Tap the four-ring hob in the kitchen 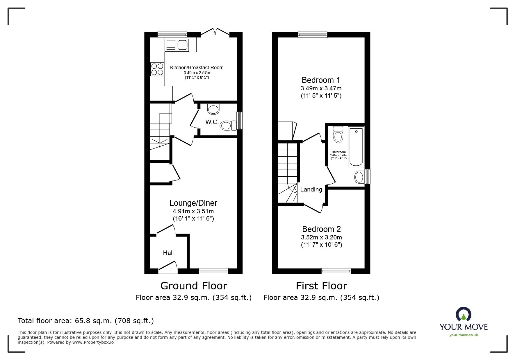click(x=157, y=69)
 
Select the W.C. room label click(x=212, y=122)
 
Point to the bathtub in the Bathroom click(x=356, y=146)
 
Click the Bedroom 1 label click(x=321, y=80)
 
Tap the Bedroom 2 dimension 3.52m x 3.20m click(x=321, y=237)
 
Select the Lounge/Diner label click(x=193, y=203)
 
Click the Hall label click(x=168, y=253)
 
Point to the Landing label click(x=311, y=189)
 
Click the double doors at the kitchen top click(x=215, y=31)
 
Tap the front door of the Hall click(x=168, y=268)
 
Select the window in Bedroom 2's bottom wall click(x=336, y=271)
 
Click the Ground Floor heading click(x=193, y=286)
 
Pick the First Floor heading click(x=321, y=286)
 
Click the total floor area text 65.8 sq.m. click(x=86, y=321)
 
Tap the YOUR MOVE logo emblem click(x=463, y=314)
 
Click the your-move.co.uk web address click(x=464, y=335)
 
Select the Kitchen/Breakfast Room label click(x=197, y=67)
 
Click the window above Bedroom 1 click(x=313, y=35)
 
